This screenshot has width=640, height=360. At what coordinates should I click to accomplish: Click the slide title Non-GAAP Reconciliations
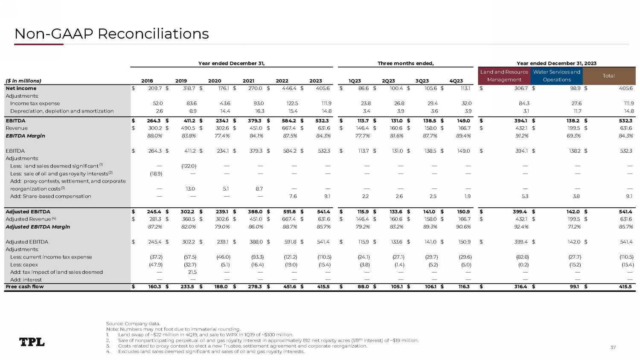[x=111, y=34]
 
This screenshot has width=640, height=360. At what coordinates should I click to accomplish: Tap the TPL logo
[x=32, y=342]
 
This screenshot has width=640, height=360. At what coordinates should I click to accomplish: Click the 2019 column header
[x=181, y=81]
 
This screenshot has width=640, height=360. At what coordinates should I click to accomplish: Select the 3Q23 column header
[x=422, y=81]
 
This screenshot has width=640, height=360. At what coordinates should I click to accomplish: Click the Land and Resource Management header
[x=504, y=76]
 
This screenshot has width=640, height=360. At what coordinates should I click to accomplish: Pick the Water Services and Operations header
[x=556, y=76]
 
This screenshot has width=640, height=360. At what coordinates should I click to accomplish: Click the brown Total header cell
[x=608, y=76]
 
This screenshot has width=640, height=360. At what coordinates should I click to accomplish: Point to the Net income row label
[x=21, y=88]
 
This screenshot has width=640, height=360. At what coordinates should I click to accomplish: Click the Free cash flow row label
[x=25, y=287]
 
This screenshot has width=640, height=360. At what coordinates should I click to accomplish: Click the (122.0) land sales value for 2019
[x=189, y=166]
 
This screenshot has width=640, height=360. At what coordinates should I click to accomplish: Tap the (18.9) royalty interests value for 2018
[x=155, y=174]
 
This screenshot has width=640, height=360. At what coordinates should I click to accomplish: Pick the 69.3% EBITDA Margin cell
[x=574, y=136]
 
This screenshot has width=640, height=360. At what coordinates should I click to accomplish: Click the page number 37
[x=613, y=348]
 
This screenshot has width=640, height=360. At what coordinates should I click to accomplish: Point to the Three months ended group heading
[x=405, y=64]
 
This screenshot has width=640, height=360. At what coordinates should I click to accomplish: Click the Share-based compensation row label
[x=50, y=196]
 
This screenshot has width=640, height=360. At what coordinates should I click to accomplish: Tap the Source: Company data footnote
[x=133, y=324]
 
